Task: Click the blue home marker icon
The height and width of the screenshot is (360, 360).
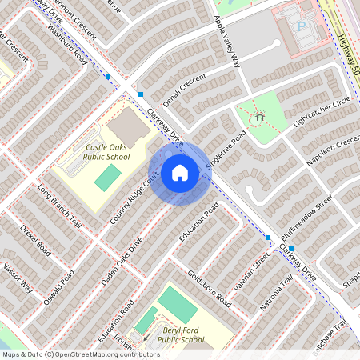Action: pyautogui.click(x=179, y=172)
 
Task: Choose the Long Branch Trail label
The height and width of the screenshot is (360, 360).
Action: pyautogui.click(x=59, y=206)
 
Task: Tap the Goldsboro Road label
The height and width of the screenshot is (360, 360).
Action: pyautogui.click(x=210, y=285)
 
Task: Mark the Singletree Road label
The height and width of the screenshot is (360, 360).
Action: pyautogui.click(x=225, y=150)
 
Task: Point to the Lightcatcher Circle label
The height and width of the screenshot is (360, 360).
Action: pyautogui.click(x=322, y=112)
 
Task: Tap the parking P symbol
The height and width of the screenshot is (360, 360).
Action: pyautogui.click(x=301, y=26)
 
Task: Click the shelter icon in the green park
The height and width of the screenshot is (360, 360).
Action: pyautogui.click(x=258, y=119)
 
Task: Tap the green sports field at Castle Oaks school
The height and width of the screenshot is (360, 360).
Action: pyautogui.click(x=104, y=178)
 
